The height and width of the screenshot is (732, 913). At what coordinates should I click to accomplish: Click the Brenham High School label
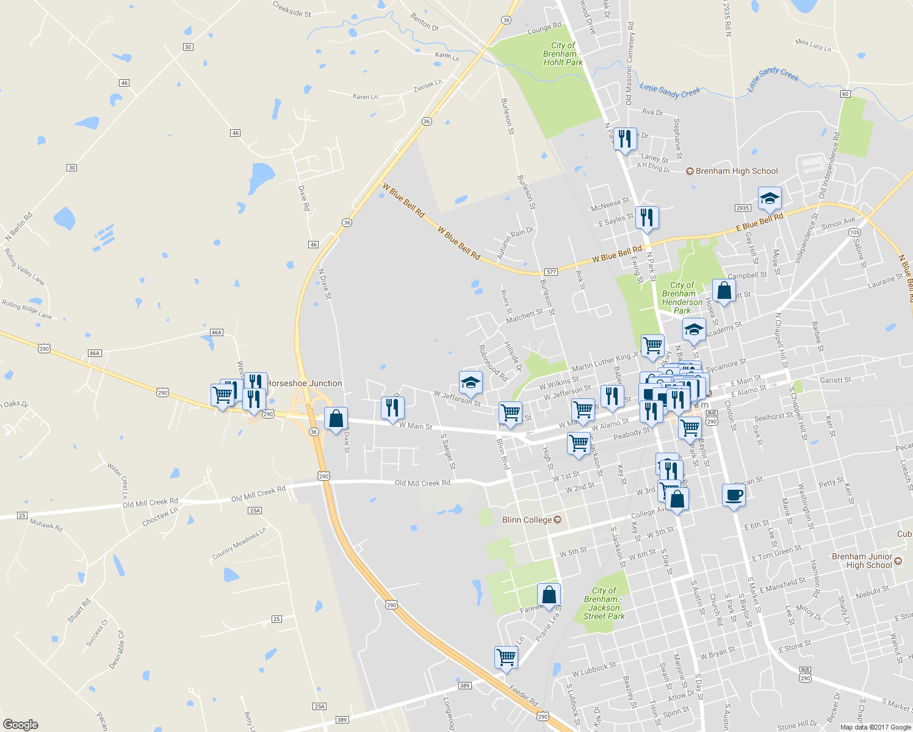point(737,171)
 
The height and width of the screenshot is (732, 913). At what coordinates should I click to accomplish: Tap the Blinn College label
point(527,520)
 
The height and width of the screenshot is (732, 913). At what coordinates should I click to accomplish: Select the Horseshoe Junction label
point(305,383)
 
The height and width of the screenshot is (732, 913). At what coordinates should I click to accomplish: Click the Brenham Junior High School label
point(862,561)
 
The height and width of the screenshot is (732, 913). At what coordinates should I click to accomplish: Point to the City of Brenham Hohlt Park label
point(563,54)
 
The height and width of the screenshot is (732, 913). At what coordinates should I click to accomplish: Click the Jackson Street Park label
point(604,603)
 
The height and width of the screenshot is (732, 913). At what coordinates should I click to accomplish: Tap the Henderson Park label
point(682,298)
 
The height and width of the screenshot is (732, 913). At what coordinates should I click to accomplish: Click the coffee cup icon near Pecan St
point(733,495)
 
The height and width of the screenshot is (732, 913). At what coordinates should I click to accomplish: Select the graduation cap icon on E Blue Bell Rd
point(770,198)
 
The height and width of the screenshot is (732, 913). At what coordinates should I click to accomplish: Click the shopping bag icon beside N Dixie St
point(335,419)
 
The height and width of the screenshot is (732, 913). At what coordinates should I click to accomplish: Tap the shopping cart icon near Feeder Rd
point(506,658)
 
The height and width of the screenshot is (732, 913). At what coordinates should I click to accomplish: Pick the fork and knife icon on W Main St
point(392,407)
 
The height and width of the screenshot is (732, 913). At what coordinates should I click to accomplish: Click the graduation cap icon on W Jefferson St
point(471,383)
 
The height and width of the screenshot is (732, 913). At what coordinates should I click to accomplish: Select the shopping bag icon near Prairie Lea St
point(549,595)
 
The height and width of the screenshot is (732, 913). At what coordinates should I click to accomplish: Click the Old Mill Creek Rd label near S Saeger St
point(422,483)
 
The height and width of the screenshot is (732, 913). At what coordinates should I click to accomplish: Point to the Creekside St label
point(292,9)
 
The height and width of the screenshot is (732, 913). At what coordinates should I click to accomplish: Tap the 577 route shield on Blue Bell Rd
point(550,272)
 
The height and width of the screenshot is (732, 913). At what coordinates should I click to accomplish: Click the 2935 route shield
point(743,208)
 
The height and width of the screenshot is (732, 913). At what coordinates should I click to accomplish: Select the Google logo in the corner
point(20,724)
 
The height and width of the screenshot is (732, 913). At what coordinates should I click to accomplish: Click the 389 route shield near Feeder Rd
point(464,686)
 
